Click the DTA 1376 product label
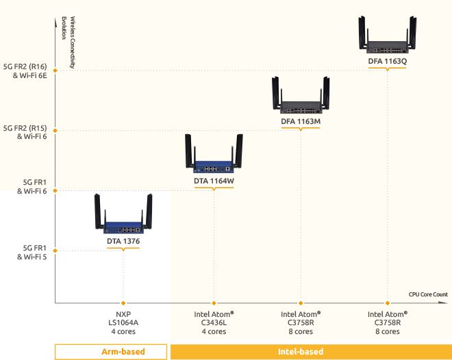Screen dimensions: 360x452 click(x=123, y=242)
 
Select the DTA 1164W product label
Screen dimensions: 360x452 click(x=214, y=181)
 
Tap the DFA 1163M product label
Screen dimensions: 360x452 click(x=301, y=121)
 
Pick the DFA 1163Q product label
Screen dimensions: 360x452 click(x=388, y=61)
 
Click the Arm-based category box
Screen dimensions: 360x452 click(x=111, y=352)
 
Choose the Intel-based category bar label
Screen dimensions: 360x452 click(x=301, y=352)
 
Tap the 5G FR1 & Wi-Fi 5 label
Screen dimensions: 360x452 click(x=30, y=252)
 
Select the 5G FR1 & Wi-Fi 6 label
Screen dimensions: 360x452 click(x=30, y=187)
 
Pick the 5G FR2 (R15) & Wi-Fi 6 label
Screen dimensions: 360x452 click(x=25, y=131)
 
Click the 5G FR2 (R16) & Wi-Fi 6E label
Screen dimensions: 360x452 click(x=25, y=71)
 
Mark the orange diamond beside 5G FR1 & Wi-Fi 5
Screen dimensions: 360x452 click(x=55, y=250)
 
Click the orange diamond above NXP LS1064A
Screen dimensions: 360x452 click(x=123, y=303)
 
